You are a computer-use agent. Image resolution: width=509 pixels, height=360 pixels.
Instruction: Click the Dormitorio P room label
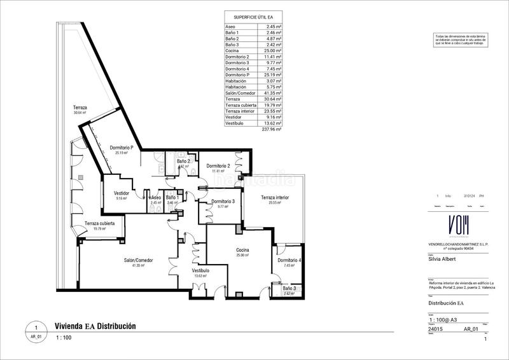pyautogui.click(x=122, y=147)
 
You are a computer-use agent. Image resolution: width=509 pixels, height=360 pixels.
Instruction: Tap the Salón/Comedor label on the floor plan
pyautogui.click(x=138, y=260)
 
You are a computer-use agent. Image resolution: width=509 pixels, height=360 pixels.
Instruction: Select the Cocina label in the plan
pyautogui.click(x=242, y=249)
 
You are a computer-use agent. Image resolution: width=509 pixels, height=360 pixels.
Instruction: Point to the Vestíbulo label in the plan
pyautogui.click(x=200, y=271)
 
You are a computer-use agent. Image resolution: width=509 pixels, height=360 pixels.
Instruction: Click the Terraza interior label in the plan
pyautogui.click(x=274, y=198)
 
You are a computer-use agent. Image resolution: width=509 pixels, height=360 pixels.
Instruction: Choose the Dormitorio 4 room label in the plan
pyautogui.click(x=289, y=261)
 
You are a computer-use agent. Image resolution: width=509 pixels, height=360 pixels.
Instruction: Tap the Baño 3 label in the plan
pyautogui.click(x=289, y=289)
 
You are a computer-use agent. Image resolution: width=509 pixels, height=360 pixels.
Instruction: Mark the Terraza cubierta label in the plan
pyautogui.click(x=100, y=224)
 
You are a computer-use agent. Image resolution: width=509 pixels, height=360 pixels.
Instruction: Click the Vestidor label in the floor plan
pyautogui.click(x=122, y=193)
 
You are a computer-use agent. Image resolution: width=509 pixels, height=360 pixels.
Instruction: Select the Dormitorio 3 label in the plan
pyautogui.click(x=218, y=202)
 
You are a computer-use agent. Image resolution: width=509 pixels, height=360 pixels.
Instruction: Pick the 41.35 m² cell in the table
pyautogui.click(x=272, y=93)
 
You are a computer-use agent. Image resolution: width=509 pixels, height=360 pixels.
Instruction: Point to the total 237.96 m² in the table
pyautogui.click(x=272, y=129)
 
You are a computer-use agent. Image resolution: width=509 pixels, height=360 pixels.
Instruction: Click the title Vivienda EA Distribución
pyautogui.click(x=95, y=326)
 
